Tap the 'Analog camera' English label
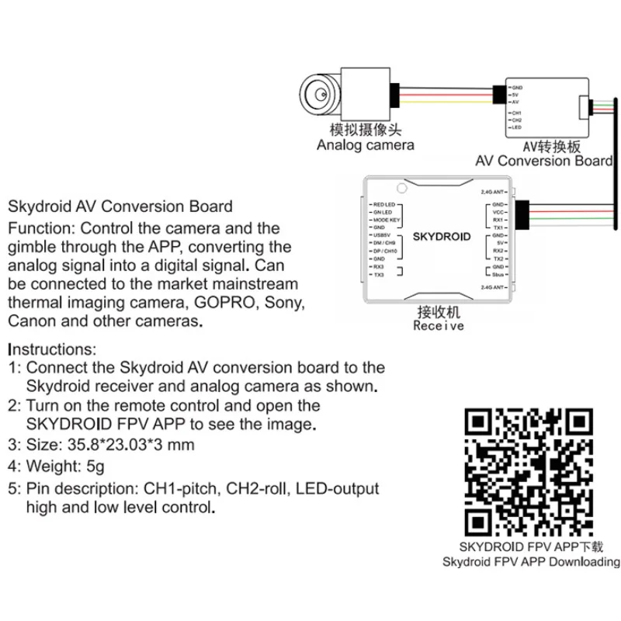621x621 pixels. click(365, 145)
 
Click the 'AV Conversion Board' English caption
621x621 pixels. click(543, 161)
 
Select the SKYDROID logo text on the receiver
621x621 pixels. click(440, 236)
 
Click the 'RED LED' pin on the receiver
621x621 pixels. click(383, 204)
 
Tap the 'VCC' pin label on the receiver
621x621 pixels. click(498, 212)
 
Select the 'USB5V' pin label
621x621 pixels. click(381, 235)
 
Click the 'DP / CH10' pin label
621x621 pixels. click(384, 251)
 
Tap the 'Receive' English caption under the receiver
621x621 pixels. click(439, 327)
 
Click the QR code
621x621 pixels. click(532, 470)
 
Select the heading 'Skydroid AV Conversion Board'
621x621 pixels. click(120, 206)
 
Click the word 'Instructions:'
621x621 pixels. click(52, 349)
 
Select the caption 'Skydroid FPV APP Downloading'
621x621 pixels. click(532, 562)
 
